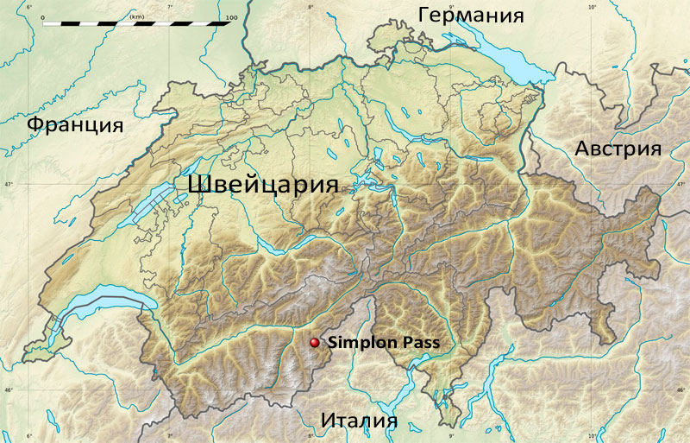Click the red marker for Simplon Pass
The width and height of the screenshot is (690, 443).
click(315, 343)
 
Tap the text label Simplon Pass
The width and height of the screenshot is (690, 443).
click(384, 343)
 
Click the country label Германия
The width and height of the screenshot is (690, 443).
click(471, 15)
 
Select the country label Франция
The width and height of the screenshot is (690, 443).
click(75, 124)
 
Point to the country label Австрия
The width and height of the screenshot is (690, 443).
click(618, 149)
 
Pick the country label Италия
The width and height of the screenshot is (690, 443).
click(359, 421)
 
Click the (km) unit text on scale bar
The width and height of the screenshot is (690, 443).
click(136, 16)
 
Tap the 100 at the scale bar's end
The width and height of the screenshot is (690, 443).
click(230, 16)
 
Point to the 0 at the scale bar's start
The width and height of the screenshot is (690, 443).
click(42, 16)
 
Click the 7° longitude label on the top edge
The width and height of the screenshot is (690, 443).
click(170, 6)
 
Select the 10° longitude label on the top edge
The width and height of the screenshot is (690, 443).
click(593, 6)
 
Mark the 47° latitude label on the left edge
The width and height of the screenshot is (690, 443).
click(7, 185)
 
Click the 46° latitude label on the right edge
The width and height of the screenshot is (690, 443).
click(682, 390)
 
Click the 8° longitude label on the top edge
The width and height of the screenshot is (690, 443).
click(310, 6)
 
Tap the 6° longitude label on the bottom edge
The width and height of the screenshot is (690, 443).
click(29, 436)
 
